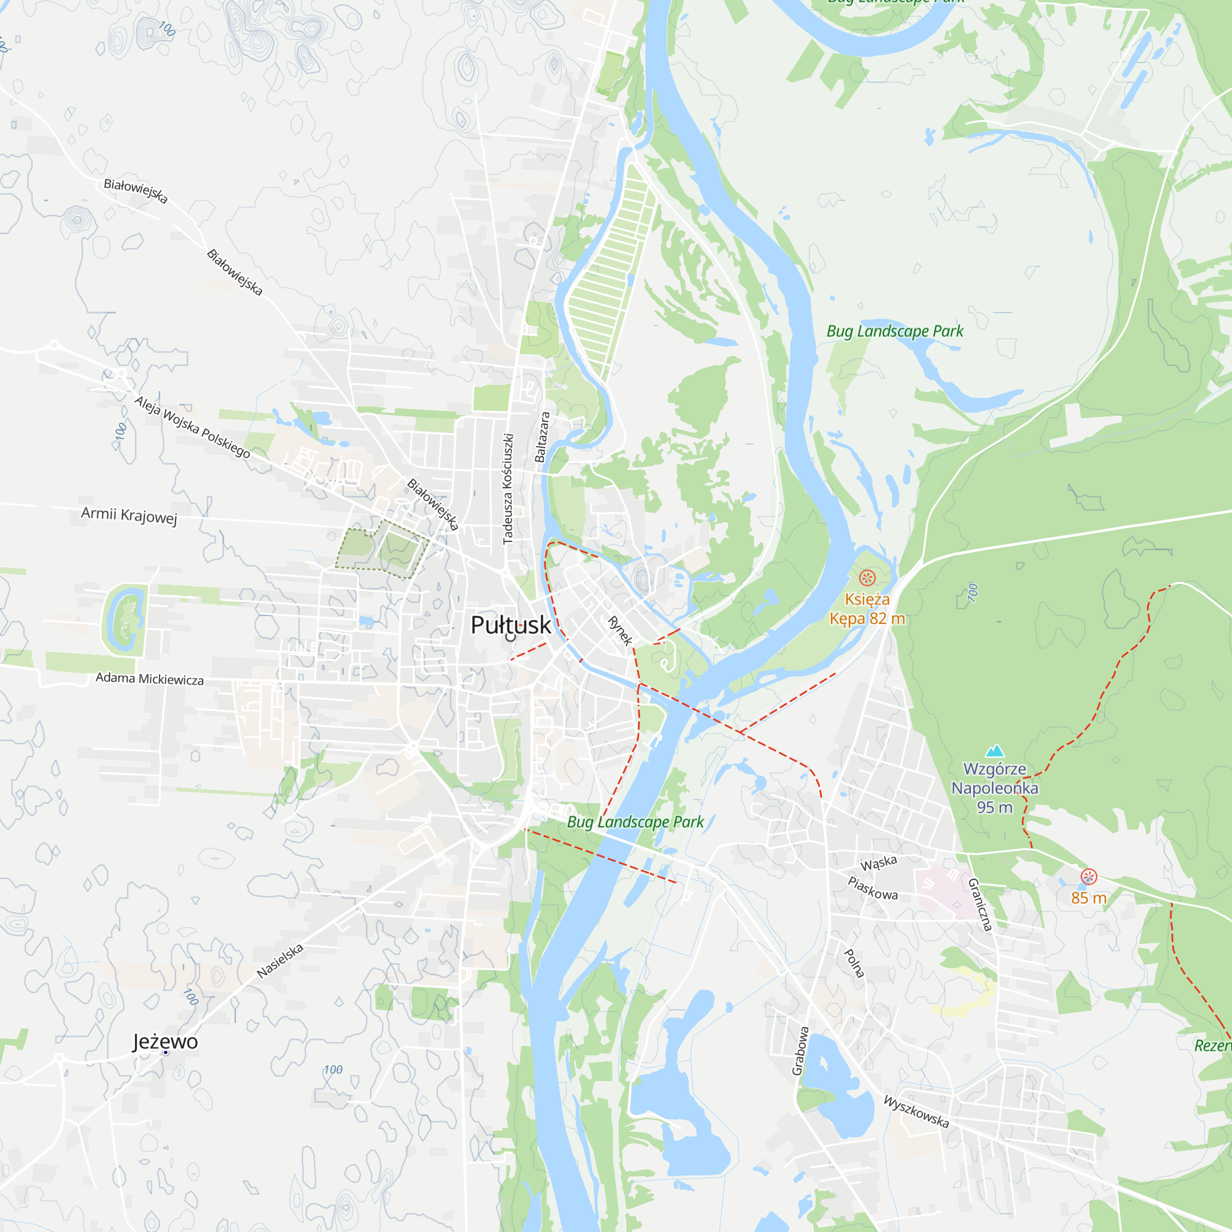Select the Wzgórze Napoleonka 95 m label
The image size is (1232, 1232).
click(x=995, y=788)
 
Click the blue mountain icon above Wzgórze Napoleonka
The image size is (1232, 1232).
click(x=995, y=750)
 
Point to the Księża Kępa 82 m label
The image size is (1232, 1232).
click(x=867, y=609)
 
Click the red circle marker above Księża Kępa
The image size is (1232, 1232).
click(x=867, y=578)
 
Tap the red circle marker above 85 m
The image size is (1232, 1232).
click(x=1088, y=877)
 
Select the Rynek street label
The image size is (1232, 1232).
click(x=620, y=631)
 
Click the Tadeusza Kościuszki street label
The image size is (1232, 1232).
click(x=508, y=489)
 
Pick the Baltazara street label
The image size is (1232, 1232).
click(x=542, y=437)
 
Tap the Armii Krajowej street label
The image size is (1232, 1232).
click(x=129, y=515)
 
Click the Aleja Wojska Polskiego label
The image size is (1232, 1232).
click(x=192, y=427)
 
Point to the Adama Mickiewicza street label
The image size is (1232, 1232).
click(x=150, y=678)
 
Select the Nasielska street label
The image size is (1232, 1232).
click(x=280, y=961)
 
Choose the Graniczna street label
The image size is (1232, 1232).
click(x=981, y=904)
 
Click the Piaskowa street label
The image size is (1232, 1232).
click(x=873, y=888)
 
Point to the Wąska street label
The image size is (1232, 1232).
click(x=879, y=864)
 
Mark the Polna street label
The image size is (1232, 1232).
click(x=854, y=963)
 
